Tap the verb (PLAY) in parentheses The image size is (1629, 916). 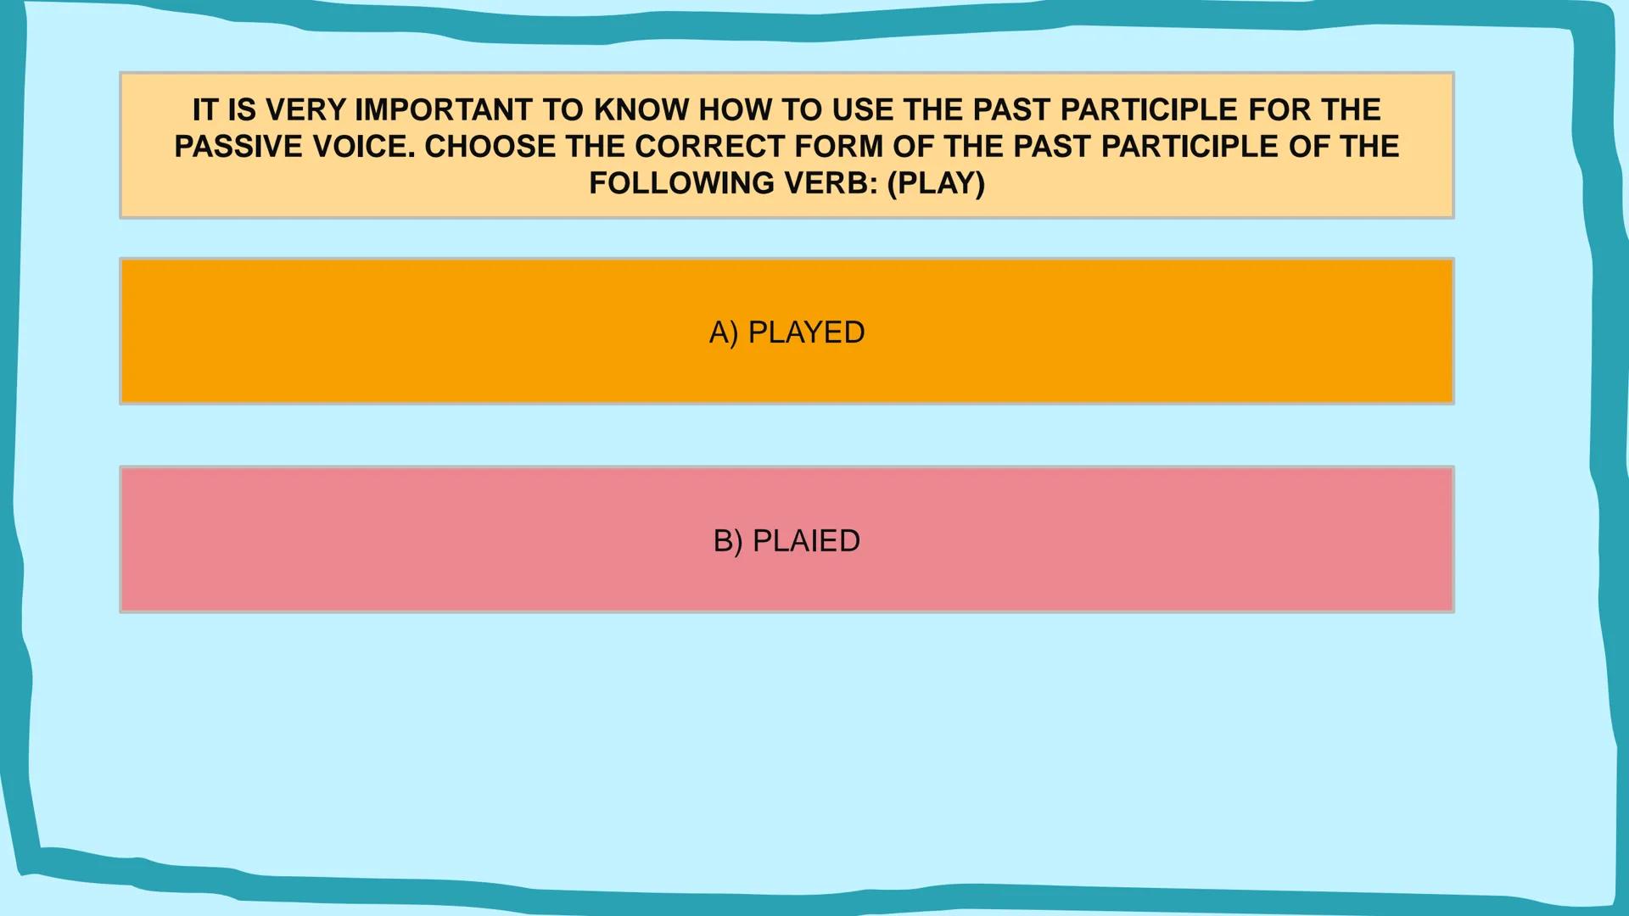tap(936, 183)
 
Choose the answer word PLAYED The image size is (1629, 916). tap(806, 332)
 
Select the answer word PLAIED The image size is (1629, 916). tap(806, 541)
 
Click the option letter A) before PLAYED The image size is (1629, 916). tap(724, 332)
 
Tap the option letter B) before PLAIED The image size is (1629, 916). tap(728, 541)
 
